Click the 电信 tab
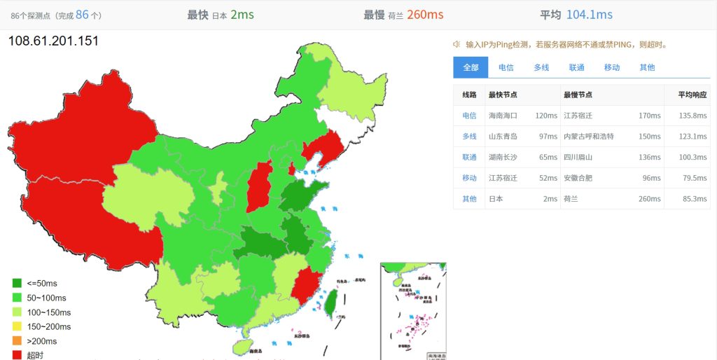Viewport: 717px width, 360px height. tap(506, 67)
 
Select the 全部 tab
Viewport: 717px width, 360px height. tap(471, 67)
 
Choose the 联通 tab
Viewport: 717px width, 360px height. tap(576, 67)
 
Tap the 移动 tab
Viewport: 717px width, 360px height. tap(612, 67)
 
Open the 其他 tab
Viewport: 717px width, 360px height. tap(647, 67)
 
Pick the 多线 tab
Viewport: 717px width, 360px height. tap(541, 67)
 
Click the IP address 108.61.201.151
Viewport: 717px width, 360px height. tap(53, 41)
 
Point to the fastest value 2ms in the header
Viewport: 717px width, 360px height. tap(242, 15)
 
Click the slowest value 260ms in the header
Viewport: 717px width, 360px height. tap(425, 15)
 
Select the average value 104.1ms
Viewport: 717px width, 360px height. tap(589, 15)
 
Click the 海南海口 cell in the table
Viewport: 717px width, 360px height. tap(503, 116)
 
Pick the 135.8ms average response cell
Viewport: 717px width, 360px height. tap(692, 116)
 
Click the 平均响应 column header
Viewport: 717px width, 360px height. tap(692, 95)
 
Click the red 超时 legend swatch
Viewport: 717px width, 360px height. tap(17, 355)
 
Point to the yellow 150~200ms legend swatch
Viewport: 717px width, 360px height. tap(17, 326)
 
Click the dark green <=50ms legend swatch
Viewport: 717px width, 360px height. tap(17, 283)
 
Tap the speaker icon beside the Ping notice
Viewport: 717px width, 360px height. tap(457, 44)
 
